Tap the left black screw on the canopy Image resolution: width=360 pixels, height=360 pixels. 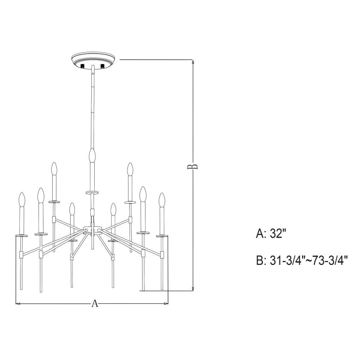click(x=83, y=66)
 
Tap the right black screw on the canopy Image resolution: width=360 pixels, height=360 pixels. click(x=102, y=66)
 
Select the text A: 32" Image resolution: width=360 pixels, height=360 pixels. click(x=271, y=234)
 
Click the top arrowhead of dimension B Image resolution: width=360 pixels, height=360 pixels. click(x=193, y=62)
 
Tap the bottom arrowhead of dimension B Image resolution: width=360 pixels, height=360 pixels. click(x=193, y=289)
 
